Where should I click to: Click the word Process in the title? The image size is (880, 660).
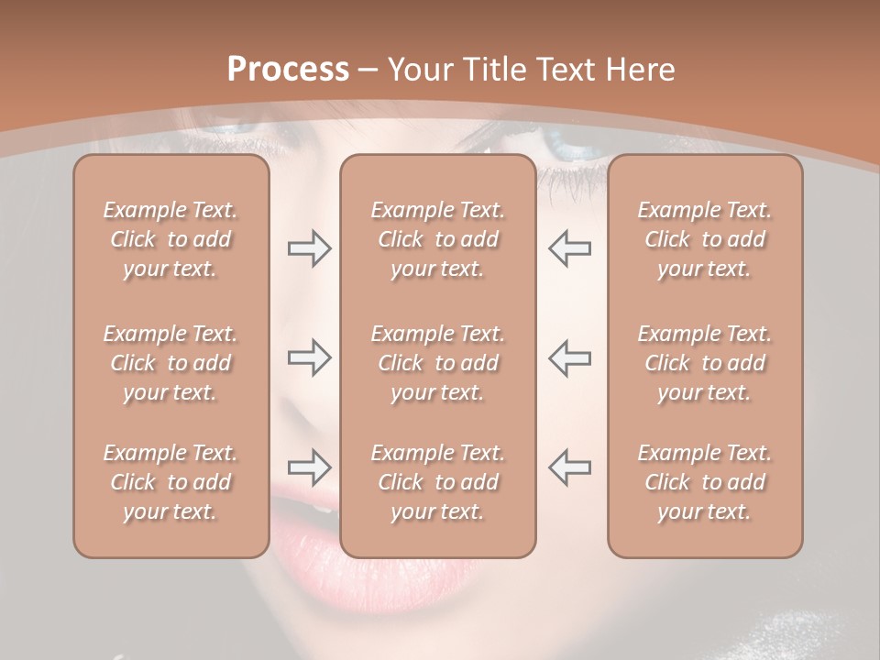[288, 70]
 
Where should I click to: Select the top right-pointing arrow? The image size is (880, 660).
[310, 248]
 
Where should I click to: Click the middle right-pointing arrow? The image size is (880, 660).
[310, 357]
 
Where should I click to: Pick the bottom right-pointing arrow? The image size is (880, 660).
[310, 467]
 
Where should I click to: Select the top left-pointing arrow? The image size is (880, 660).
[569, 248]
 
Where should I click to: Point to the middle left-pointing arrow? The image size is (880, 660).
[569, 357]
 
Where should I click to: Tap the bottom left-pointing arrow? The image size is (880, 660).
[569, 467]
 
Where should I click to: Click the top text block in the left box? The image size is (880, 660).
[170, 239]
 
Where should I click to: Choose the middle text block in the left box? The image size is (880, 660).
[170, 363]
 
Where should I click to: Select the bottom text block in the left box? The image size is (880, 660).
[170, 482]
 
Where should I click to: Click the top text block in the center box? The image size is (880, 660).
[437, 239]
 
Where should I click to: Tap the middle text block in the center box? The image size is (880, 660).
[437, 363]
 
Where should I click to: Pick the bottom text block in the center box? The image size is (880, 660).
[437, 482]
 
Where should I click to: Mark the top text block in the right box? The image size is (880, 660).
[704, 239]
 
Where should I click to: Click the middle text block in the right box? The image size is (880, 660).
[704, 363]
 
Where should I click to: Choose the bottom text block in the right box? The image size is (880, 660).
[704, 482]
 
